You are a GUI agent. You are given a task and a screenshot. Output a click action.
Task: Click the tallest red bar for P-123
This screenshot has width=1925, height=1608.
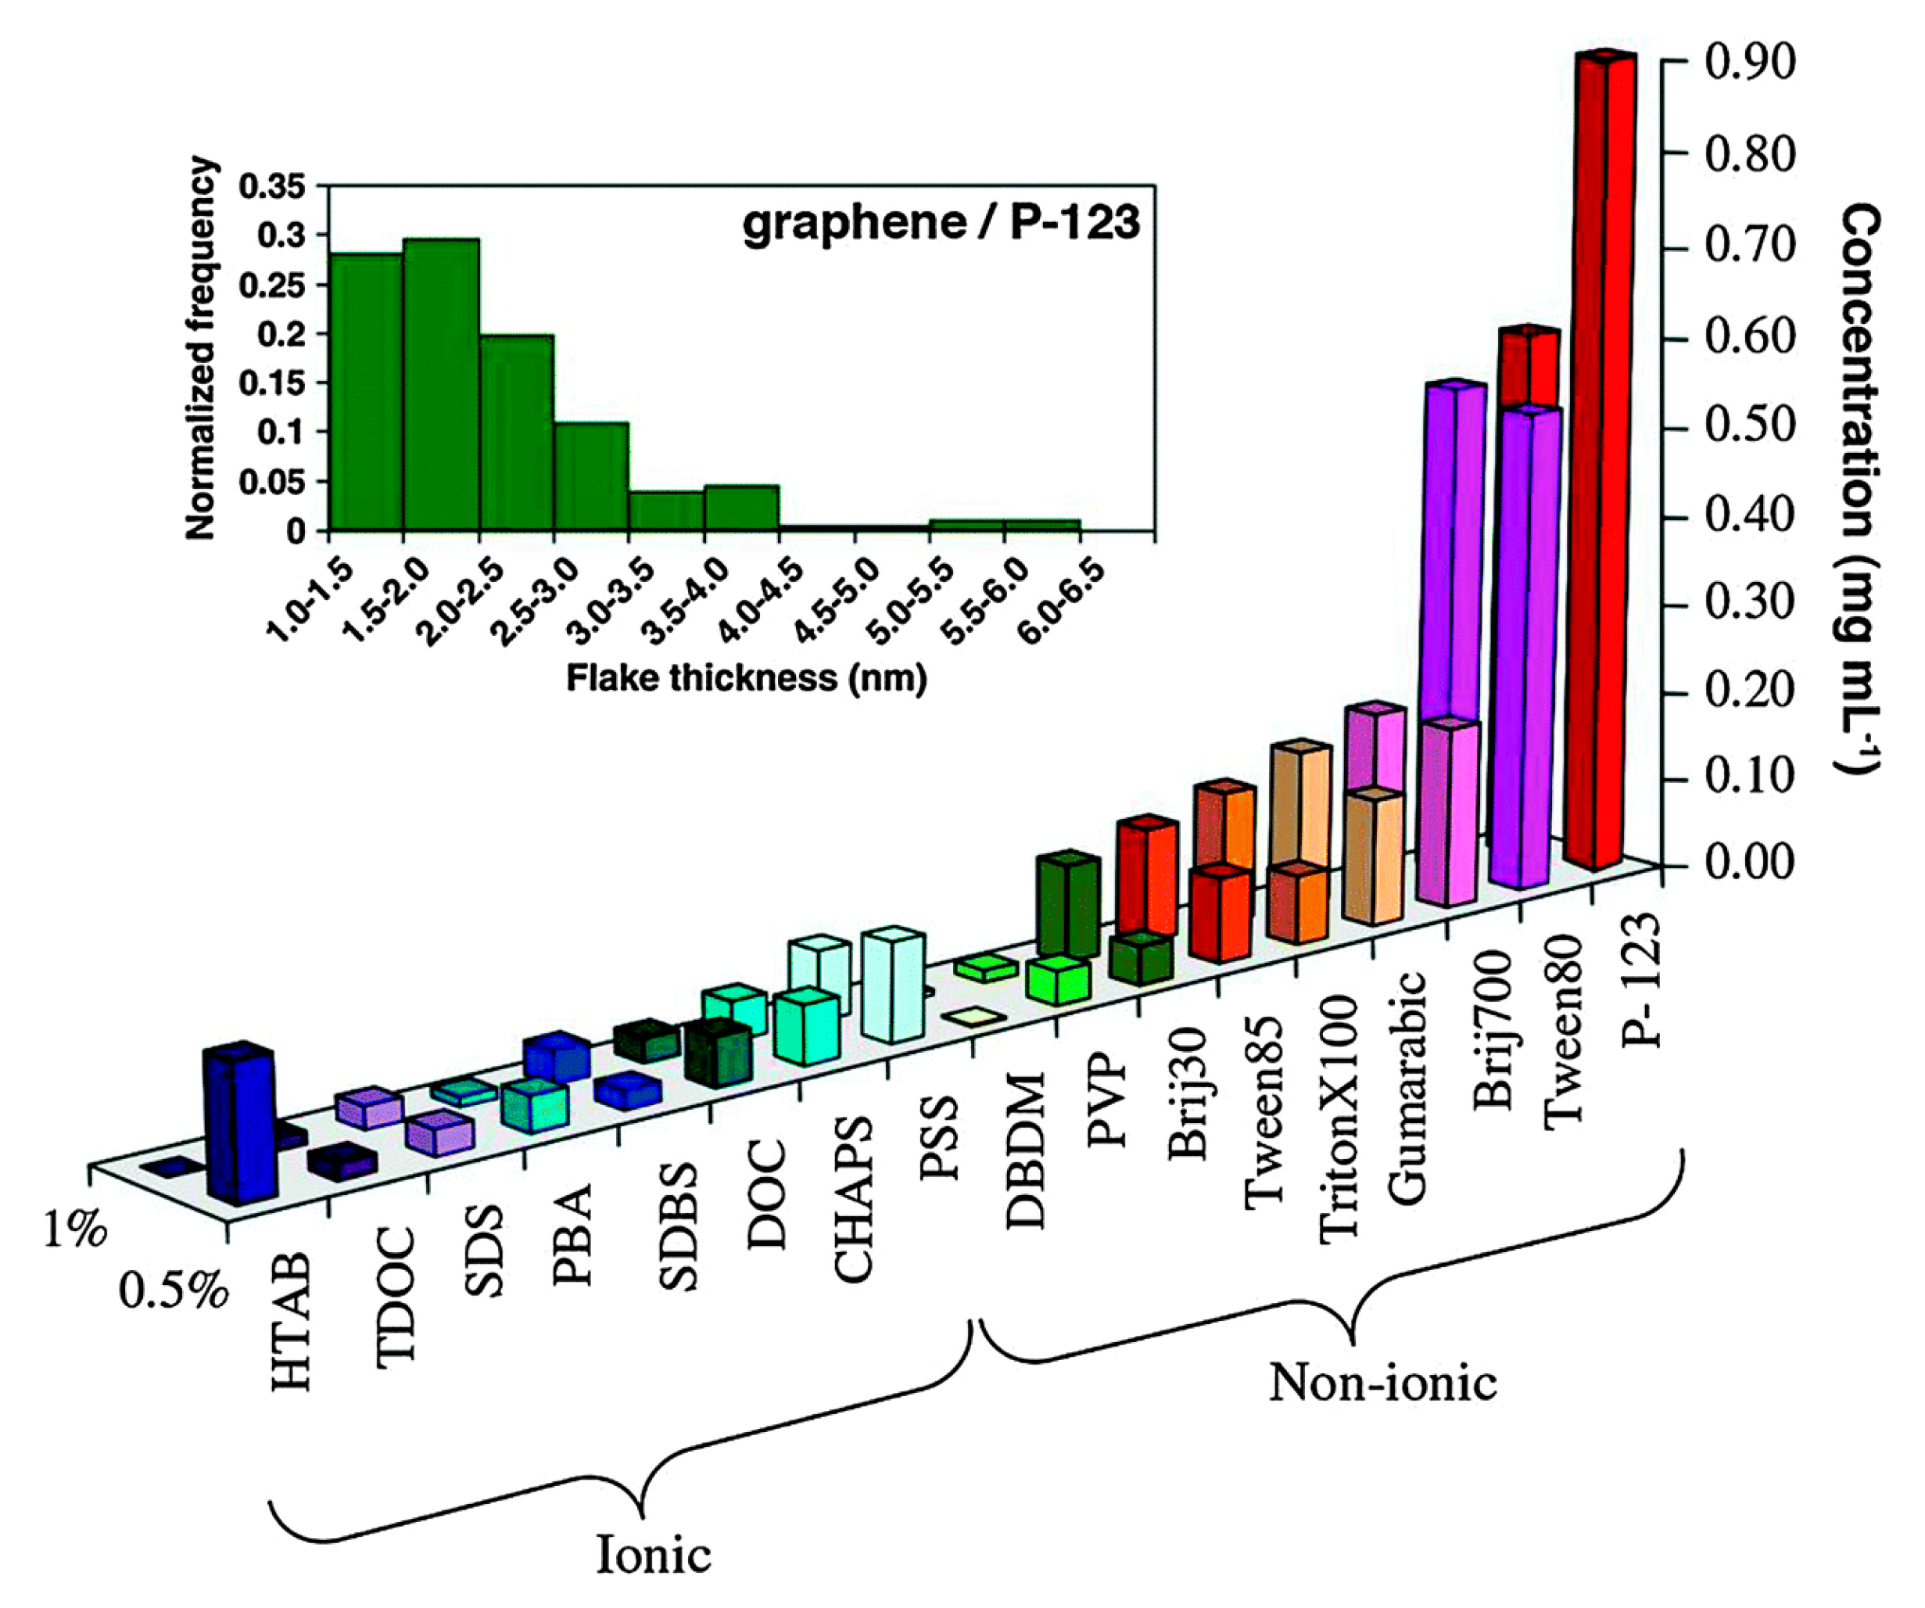[1600, 458]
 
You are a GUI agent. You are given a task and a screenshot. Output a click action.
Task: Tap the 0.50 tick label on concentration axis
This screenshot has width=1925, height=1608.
[1749, 428]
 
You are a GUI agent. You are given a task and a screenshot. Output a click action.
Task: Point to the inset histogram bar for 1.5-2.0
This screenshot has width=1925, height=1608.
[441, 385]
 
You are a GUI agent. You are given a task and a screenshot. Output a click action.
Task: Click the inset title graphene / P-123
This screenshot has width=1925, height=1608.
[941, 223]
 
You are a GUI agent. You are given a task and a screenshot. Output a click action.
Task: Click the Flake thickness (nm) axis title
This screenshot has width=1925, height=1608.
[746, 677]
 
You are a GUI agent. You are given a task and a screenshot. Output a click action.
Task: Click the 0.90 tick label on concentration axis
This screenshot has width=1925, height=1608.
[1749, 63]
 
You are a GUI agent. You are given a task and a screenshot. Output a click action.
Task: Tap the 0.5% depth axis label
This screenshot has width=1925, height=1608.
[172, 1292]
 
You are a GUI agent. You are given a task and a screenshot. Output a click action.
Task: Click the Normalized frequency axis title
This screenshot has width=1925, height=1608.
[201, 348]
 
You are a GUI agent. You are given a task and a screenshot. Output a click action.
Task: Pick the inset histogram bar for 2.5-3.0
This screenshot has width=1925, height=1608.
[591, 477]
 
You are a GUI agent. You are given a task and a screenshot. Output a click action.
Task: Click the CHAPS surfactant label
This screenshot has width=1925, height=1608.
[852, 1201]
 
